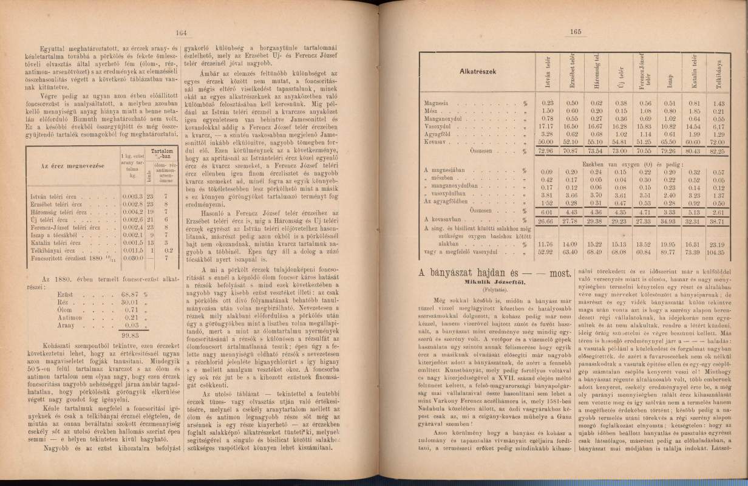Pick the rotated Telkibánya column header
tap(720, 72)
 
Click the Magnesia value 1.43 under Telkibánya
tap(719, 104)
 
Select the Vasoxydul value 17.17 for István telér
tap(548, 126)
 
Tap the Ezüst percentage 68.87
tap(124, 293)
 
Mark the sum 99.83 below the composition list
tap(128, 334)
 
